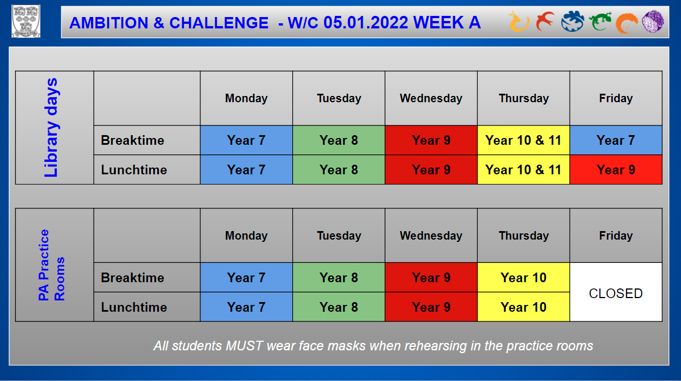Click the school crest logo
26,21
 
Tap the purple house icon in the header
653,21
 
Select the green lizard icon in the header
600,21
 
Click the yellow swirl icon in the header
518,22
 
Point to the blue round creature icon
573,21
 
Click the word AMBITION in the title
109,23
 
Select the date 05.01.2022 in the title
365,23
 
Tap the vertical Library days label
51,127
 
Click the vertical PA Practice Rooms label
52,265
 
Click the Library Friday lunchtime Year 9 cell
616,170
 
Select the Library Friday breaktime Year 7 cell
616,140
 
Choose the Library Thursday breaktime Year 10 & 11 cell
523,140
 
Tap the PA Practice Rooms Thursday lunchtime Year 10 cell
523,307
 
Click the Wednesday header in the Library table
431,98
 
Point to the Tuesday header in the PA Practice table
339,236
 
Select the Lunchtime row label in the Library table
134,170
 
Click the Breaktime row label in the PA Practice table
133,278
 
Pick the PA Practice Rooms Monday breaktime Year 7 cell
246,278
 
